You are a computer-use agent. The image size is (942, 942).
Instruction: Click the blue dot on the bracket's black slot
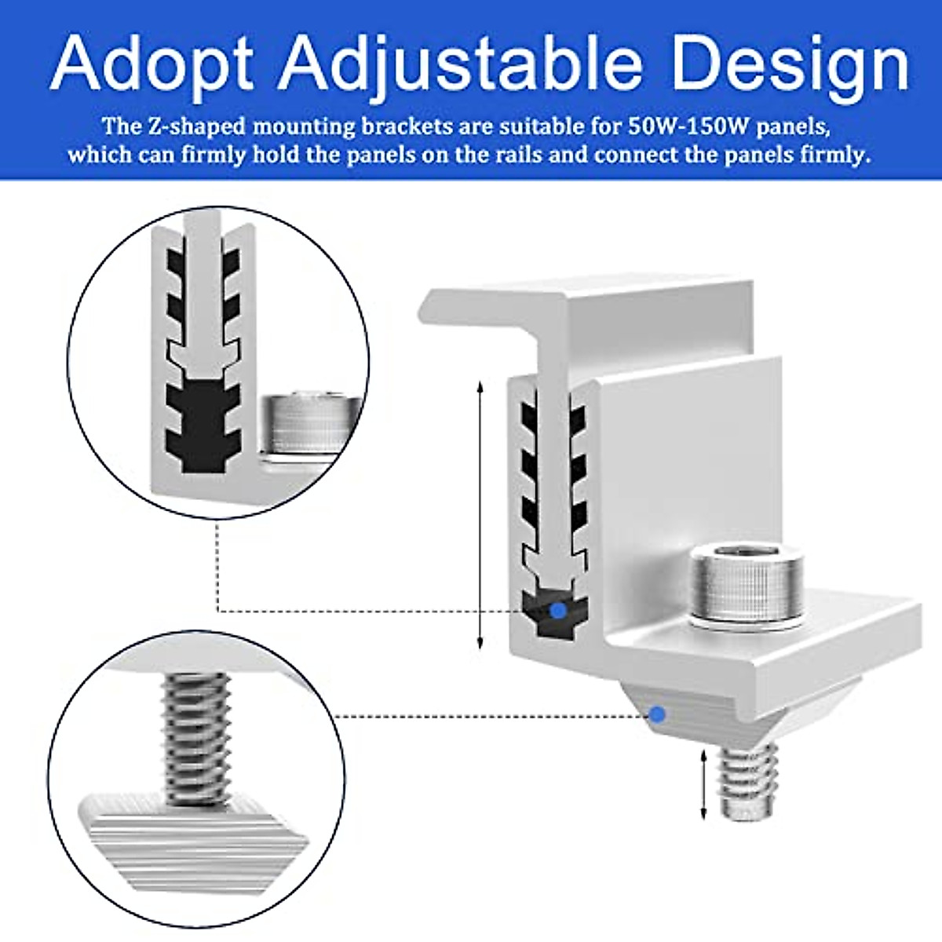(x=557, y=610)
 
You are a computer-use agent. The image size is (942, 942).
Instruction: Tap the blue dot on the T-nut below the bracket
(x=658, y=714)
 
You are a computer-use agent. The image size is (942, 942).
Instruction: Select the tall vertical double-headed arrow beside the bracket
(x=480, y=514)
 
